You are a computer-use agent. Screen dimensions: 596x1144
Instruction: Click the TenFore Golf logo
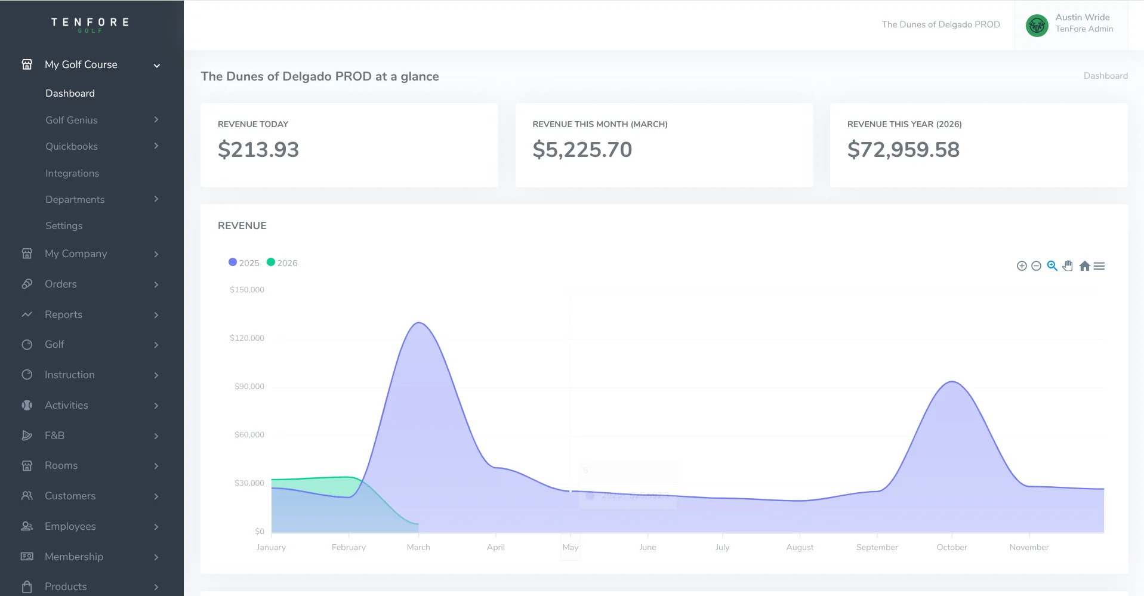point(90,24)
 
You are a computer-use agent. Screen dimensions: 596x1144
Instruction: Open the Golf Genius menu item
point(72,120)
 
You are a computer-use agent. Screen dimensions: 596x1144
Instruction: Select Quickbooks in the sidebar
point(72,146)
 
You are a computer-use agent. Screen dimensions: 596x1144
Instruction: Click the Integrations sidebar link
point(72,173)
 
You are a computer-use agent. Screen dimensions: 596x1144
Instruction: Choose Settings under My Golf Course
point(64,226)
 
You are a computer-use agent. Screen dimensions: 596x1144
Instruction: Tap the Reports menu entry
point(63,314)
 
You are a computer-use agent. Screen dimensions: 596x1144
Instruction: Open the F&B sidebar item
point(54,436)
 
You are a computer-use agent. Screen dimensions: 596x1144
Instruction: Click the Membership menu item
point(74,557)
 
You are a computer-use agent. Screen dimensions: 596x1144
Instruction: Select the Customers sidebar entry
point(70,496)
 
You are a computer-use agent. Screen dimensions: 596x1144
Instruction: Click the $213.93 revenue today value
point(258,150)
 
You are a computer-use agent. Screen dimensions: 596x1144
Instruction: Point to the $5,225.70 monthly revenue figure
point(582,150)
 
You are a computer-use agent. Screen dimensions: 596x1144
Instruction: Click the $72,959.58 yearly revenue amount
point(903,150)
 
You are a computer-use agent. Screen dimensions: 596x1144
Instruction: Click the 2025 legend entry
point(244,263)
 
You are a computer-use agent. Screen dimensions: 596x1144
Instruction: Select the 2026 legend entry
point(282,263)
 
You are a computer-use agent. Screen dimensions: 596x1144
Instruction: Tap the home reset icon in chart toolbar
point(1084,266)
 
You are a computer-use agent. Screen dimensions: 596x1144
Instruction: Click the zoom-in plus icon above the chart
point(1022,266)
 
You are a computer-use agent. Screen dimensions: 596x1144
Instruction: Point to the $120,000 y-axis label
point(247,338)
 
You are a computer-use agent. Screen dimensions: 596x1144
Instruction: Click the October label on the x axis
point(952,547)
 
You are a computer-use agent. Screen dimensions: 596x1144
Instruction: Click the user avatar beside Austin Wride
point(1037,25)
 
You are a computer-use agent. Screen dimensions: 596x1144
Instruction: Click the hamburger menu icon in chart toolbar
point(1099,266)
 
